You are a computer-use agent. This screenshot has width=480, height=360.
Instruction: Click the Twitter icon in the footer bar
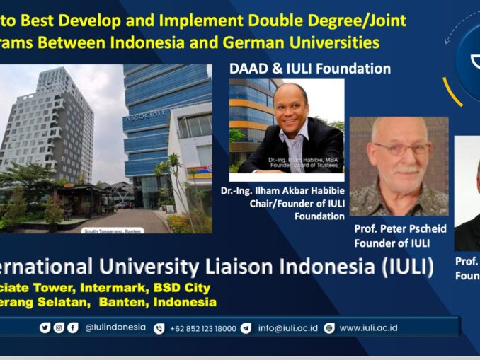coord(45,327)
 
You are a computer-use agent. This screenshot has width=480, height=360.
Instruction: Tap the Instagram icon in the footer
coord(59,327)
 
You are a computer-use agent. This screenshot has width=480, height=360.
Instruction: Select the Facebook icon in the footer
coord(72,327)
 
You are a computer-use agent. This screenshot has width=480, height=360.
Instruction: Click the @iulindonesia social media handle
coord(115,327)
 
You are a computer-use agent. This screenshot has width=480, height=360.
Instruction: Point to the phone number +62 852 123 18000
coord(202,328)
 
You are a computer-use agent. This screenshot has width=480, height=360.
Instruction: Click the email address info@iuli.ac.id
coord(287,328)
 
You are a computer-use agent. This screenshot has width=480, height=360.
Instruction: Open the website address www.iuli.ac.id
coord(368,328)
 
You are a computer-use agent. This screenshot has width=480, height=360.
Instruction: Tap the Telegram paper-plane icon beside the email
coord(246,328)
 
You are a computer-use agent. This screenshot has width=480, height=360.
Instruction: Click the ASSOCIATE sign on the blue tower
coord(145,113)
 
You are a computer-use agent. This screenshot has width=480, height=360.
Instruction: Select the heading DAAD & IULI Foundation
coord(309,69)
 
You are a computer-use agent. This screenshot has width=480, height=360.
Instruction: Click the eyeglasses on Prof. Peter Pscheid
coord(399,149)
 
